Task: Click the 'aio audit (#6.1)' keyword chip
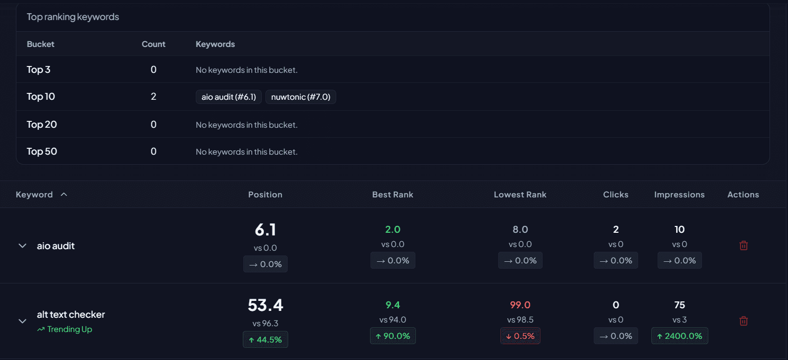229,97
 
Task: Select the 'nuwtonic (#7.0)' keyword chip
300,97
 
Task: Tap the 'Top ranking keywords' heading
73,17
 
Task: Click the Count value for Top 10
154,97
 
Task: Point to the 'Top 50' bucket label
42,151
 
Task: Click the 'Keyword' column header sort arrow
64,195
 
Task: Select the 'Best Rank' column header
393,195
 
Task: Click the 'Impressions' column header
679,195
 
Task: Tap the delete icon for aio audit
744,245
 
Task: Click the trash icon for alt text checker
744,321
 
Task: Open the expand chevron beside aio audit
22,246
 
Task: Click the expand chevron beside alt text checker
22,321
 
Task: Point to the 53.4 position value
265,305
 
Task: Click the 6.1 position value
265,230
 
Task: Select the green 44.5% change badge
265,339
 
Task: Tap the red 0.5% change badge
520,336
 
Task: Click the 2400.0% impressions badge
680,336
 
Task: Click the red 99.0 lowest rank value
520,305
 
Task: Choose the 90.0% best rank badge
393,336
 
